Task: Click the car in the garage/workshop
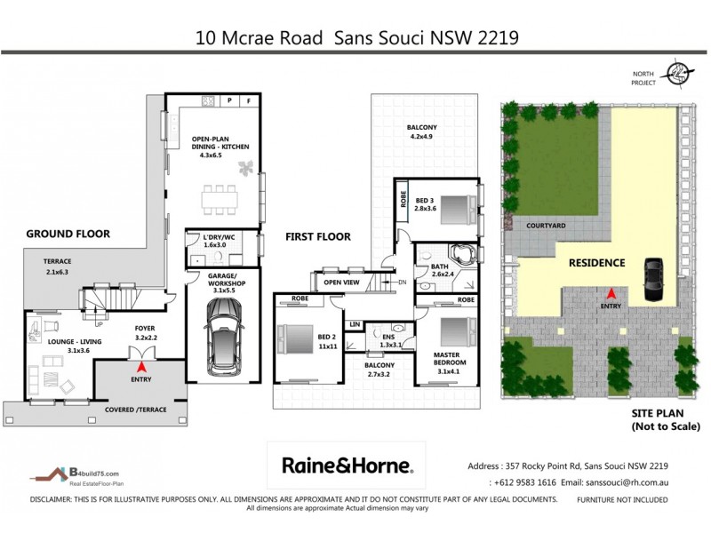pyautogui.click(x=222, y=336)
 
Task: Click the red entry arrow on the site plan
pyautogui.click(x=611, y=293)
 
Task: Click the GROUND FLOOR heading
pyautogui.click(x=68, y=234)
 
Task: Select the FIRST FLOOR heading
pyautogui.click(x=317, y=236)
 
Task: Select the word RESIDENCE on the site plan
pyautogui.click(x=597, y=262)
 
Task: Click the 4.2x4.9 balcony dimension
pyautogui.click(x=422, y=137)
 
